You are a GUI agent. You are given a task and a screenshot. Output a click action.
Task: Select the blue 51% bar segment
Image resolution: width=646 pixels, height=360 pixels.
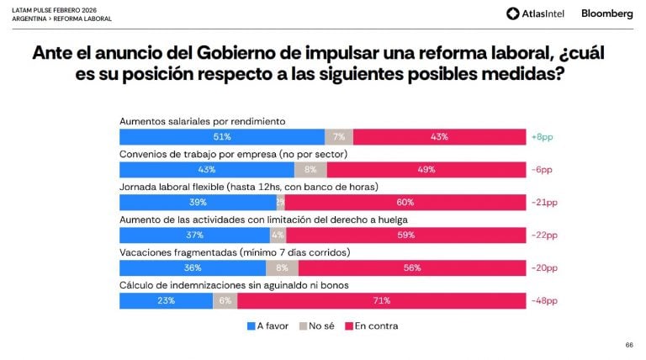click(222, 136)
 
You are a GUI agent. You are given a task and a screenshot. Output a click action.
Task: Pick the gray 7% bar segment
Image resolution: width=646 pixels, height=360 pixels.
click(339, 136)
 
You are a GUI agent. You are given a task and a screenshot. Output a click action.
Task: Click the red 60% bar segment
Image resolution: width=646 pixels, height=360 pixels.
click(405, 202)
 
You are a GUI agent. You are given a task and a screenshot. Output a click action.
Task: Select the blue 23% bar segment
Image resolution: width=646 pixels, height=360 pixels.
click(167, 301)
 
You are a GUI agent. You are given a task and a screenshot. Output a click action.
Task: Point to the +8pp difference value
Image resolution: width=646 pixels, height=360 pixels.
click(542, 136)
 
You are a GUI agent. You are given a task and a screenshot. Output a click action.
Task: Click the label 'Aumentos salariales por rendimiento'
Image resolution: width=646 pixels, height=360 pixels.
click(203, 121)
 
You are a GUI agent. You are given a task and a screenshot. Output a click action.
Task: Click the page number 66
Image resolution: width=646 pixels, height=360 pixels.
click(629, 345)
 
